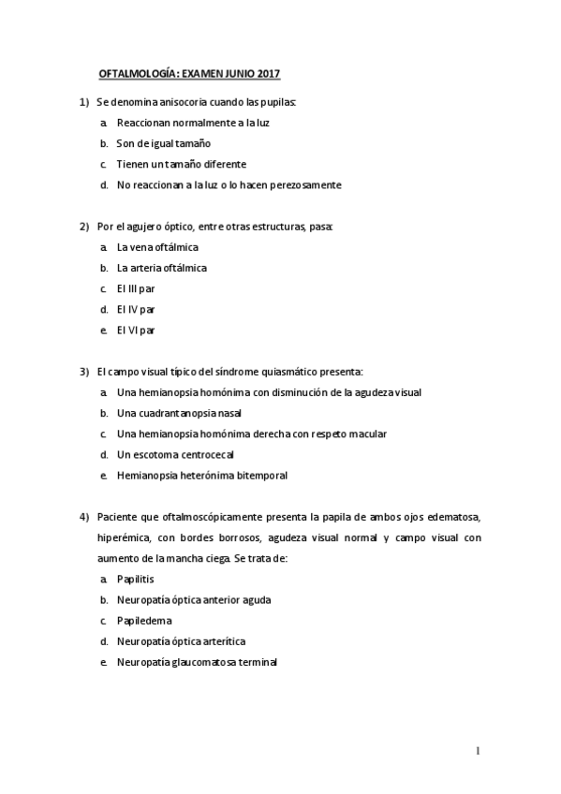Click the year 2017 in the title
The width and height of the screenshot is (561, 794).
tap(269, 72)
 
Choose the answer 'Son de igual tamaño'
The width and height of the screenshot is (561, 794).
tap(163, 143)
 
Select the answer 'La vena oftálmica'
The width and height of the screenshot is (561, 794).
tap(157, 247)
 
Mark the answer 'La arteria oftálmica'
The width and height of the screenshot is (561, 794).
tap(162, 268)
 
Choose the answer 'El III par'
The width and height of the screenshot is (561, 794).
tap(137, 288)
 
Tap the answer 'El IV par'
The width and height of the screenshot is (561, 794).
tap(137, 309)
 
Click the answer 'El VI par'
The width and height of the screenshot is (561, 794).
tap(137, 330)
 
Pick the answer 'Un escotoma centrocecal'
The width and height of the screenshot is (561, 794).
tap(175, 454)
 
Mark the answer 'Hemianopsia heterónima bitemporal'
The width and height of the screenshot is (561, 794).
tap(201, 475)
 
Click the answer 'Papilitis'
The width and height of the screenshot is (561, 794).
tap(137, 579)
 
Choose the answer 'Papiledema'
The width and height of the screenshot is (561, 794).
tap(144, 620)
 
